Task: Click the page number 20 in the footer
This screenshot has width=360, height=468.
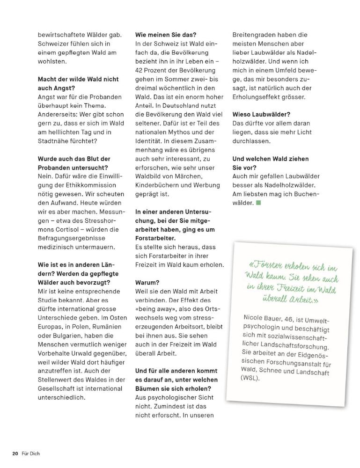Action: (x=15, y=453)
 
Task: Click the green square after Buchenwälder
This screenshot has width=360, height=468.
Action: (x=258, y=203)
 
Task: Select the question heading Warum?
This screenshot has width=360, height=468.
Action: (x=147, y=283)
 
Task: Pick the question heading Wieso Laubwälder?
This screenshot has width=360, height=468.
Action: (x=262, y=114)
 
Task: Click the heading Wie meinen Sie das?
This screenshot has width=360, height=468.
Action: (x=166, y=35)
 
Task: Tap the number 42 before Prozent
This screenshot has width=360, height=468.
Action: (x=140, y=70)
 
